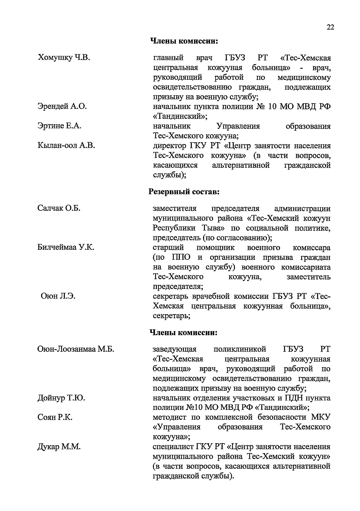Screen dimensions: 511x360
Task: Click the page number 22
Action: [x=330, y=27]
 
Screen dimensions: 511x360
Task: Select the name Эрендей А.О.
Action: [x=62, y=106]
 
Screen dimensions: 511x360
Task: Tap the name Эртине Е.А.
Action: [x=59, y=126]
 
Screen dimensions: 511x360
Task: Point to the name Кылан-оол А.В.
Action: [x=66, y=146]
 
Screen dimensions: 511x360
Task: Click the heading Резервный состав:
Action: [x=184, y=191]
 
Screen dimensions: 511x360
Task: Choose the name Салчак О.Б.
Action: [x=59, y=208]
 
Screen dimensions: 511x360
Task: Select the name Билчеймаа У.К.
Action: [x=66, y=248]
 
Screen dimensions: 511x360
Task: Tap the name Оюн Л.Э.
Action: [x=58, y=296]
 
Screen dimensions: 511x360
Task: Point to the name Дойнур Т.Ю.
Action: [x=61, y=398]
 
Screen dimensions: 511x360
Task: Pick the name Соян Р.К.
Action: [x=55, y=418]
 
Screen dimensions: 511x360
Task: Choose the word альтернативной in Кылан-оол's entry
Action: [x=241, y=165]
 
